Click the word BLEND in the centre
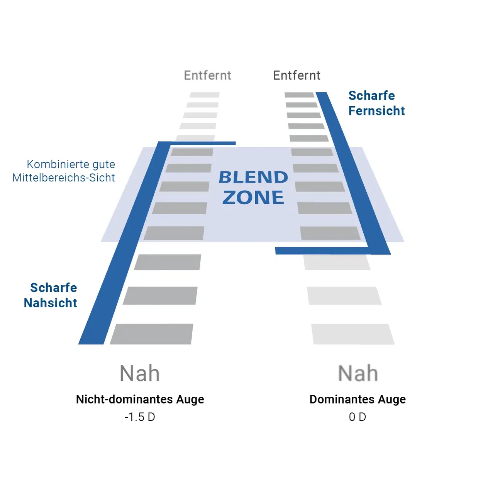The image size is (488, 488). pos(253,177)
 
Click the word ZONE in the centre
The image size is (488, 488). pos(253,198)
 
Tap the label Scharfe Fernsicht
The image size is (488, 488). pos(376,103)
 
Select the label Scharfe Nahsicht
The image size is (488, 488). pos(51,295)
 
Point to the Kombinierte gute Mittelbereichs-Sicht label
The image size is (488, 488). pos(64,171)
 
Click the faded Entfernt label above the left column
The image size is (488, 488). pos(208,75)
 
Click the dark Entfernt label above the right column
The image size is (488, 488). pos(297,75)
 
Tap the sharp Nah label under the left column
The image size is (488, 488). pos(139,373)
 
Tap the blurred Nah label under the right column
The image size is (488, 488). pos(358,373)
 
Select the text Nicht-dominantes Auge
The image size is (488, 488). pos(140,399)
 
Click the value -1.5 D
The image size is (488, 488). pos(140,417)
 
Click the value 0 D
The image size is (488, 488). pos(358,417)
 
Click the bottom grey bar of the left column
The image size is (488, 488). pos(152,334)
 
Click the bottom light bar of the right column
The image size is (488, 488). pos(352,334)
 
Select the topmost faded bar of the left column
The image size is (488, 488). pos(205,95)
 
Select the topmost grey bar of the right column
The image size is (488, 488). pos(299,95)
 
